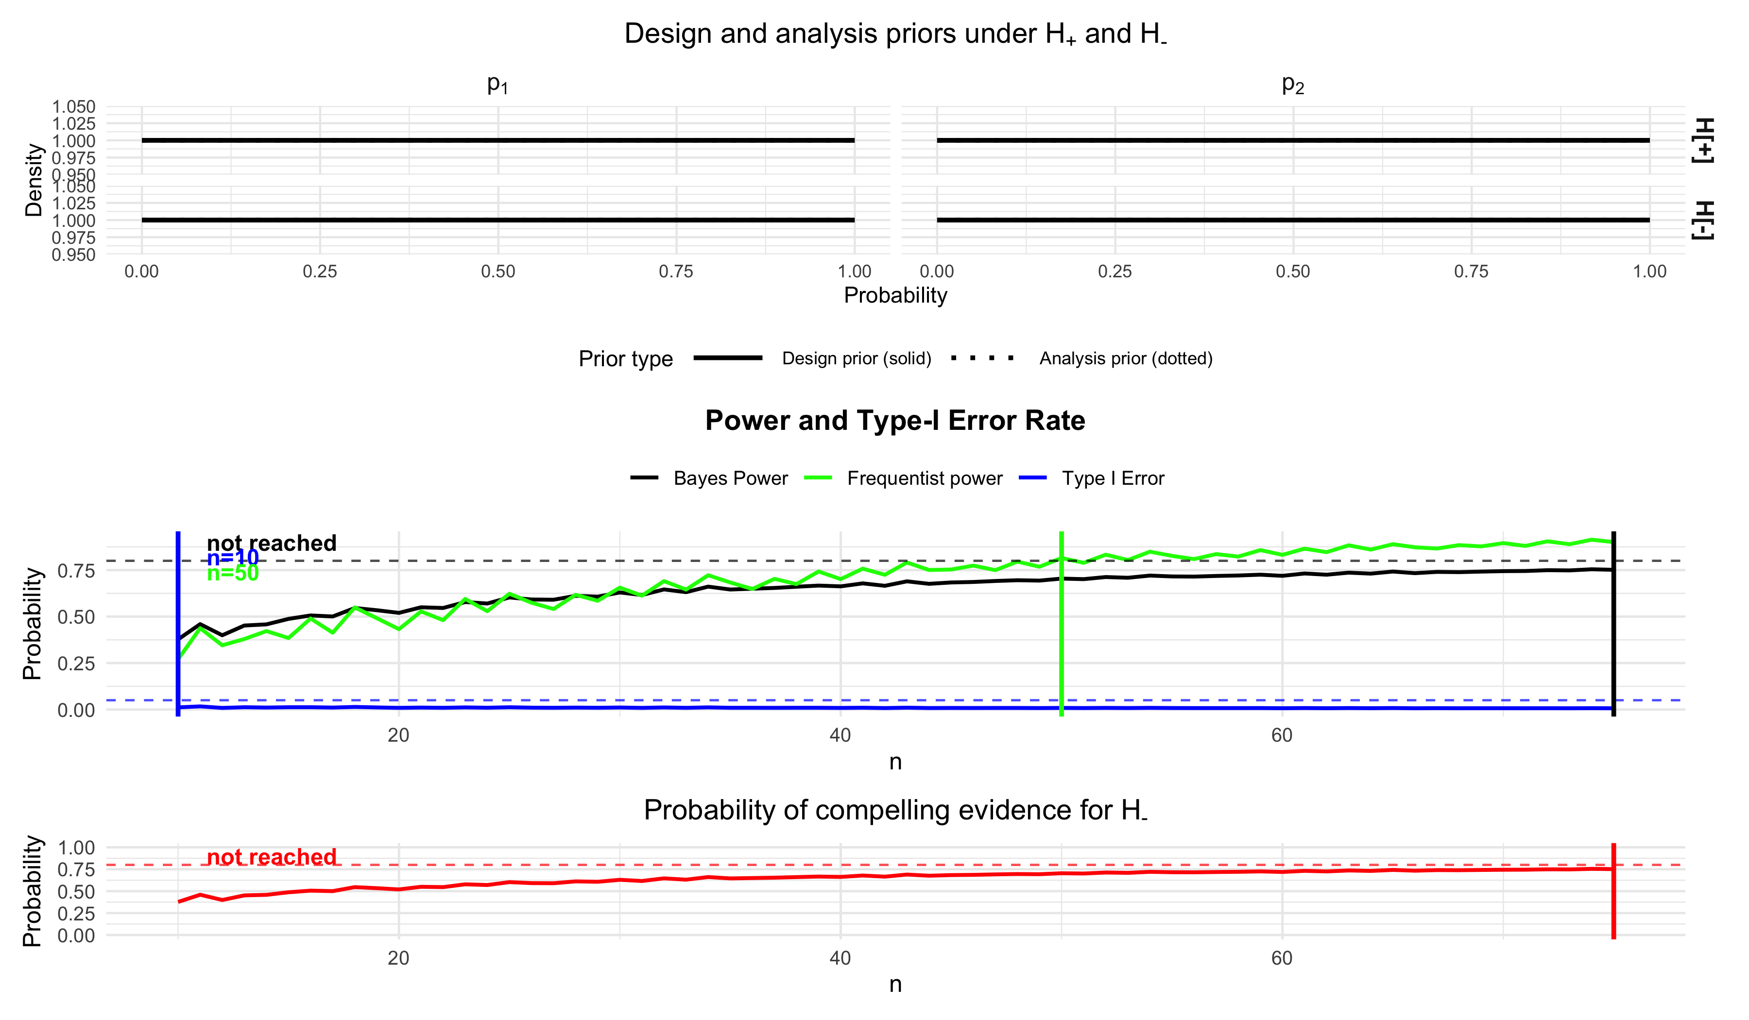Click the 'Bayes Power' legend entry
pos(730,479)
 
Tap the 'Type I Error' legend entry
pos(1113,479)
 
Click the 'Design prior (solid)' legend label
pos(857,359)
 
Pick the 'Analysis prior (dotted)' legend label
pos(1126,359)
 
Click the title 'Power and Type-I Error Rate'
pos(894,421)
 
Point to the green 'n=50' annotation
pos(233,573)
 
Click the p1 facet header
pos(497,84)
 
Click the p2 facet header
pos(1292,84)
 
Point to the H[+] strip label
pos(1704,140)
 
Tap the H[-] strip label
pos(1704,221)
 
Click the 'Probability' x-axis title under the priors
pos(894,296)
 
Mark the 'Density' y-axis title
pos(34,180)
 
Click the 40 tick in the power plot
pos(840,735)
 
